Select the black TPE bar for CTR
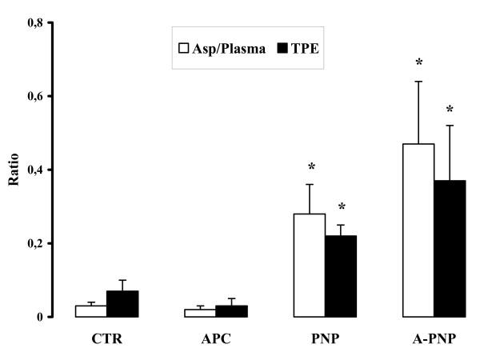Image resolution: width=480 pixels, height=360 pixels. click(123, 304)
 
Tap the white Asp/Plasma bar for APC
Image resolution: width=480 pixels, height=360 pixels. click(200, 313)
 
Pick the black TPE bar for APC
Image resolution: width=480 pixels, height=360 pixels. click(231, 311)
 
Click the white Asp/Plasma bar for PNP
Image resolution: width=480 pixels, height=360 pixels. click(309, 265)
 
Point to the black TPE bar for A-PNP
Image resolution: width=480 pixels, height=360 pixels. click(450, 249)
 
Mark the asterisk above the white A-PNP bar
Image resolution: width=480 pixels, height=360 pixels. click(418, 63)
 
